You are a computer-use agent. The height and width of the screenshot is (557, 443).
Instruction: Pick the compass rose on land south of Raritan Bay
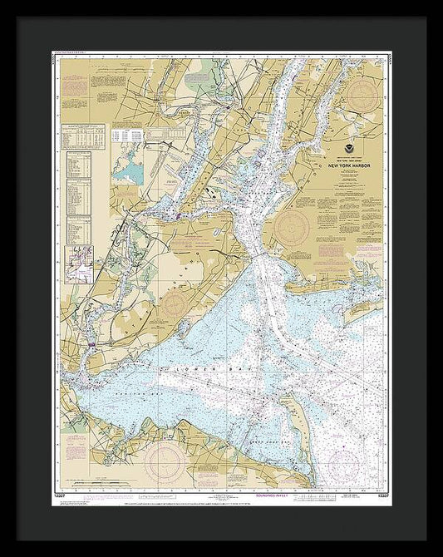point(165,457)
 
